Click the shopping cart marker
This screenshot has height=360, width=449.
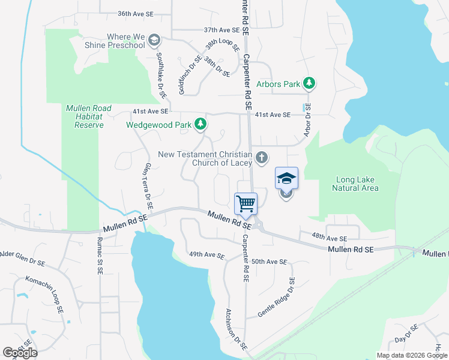246,204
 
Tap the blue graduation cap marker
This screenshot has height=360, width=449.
286,178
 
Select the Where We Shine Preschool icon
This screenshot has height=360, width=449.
154,40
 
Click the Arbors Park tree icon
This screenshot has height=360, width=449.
309,83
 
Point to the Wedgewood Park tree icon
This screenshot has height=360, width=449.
200,125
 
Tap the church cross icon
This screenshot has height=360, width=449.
261,158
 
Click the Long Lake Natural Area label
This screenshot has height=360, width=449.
355,184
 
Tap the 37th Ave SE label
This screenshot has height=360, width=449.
221,29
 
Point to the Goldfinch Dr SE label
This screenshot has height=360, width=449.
182,75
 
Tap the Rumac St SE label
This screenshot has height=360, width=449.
100,256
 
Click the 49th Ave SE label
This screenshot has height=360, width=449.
206,256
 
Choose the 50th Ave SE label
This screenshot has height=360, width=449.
270,262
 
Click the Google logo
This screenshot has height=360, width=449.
20,352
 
